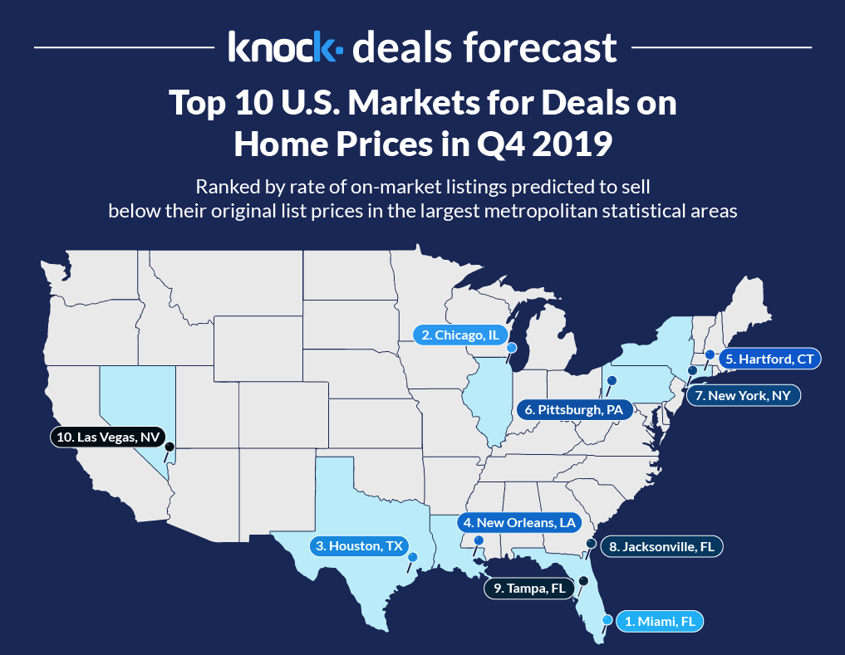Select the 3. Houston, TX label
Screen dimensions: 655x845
(x=359, y=546)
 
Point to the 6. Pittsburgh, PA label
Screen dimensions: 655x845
(x=574, y=409)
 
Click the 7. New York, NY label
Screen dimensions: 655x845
(x=743, y=395)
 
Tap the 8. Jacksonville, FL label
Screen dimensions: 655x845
(x=661, y=546)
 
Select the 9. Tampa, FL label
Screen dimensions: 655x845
(x=528, y=589)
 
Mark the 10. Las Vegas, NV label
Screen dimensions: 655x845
(x=105, y=435)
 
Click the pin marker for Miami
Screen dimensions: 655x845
(x=607, y=619)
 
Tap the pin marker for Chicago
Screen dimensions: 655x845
(x=512, y=348)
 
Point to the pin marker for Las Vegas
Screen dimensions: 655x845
(x=169, y=447)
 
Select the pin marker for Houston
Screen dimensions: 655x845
(x=413, y=557)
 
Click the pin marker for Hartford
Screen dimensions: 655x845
(x=710, y=354)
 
